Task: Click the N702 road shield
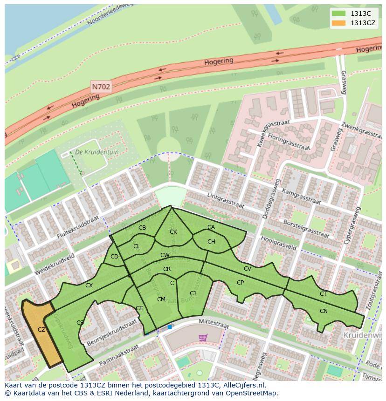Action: click(x=100, y=87)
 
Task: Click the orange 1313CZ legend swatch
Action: click(x=338, y=23)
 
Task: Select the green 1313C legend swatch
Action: click(x=338, y=14)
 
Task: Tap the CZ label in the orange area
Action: click(x=41, y=329)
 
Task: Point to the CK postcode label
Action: click(x=173, y=232)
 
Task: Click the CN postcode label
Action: click(x=324, y=311)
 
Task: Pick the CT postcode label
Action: click(x=323, y=294)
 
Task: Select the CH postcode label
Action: click(x=211, y=242)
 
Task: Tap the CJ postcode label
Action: click(x=193, y=293)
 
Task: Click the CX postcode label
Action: click(x=89, y=285)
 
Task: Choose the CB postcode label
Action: click(x=142, y=228)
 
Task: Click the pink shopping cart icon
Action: click(x=203, y=337)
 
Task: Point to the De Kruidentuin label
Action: click(x=97, y=152)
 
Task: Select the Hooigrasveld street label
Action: click(x=279, y=242)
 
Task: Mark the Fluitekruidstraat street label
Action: click(x=78, y=227)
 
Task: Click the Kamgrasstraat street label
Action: click(x=302, y=197)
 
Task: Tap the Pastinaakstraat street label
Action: click(x=119, y=354)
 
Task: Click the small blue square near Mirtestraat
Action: click(x=170, y=327)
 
